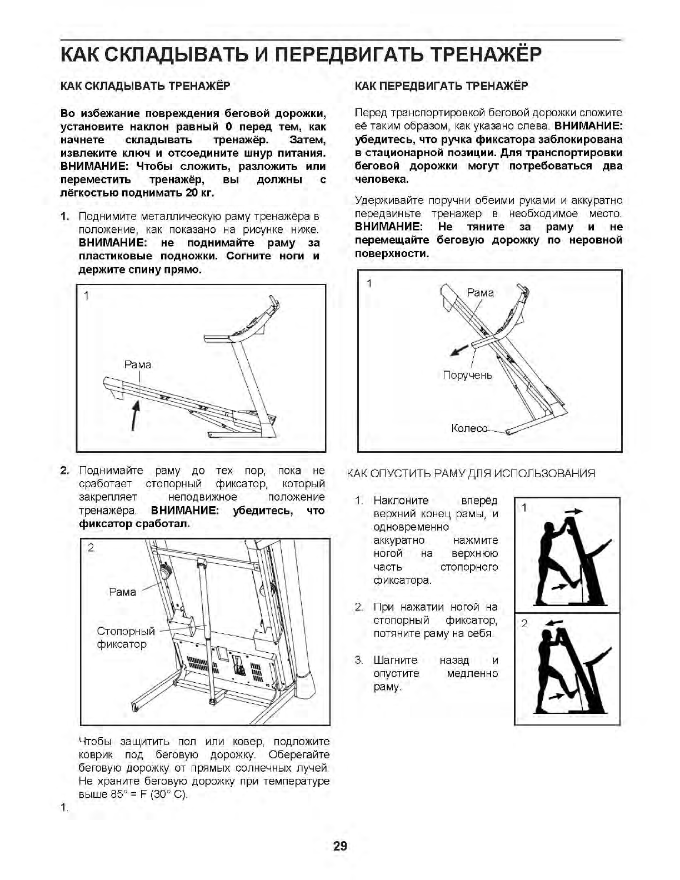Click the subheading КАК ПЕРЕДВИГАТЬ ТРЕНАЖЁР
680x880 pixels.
point(441,86)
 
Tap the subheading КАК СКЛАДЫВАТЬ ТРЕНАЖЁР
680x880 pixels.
point(145,86)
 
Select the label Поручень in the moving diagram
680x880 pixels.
point(467,375)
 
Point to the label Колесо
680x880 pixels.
point(469,428)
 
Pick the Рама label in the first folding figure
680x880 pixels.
point(137,365)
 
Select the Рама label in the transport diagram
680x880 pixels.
point(480,293)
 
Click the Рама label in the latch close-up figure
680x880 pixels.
point(122,592)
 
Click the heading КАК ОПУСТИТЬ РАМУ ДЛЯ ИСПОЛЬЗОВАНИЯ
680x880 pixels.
point(471,473)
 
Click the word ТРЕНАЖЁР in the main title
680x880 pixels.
point(486,55)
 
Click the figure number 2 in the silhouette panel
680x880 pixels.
point(524,623)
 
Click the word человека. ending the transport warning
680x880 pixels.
point(382,179)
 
